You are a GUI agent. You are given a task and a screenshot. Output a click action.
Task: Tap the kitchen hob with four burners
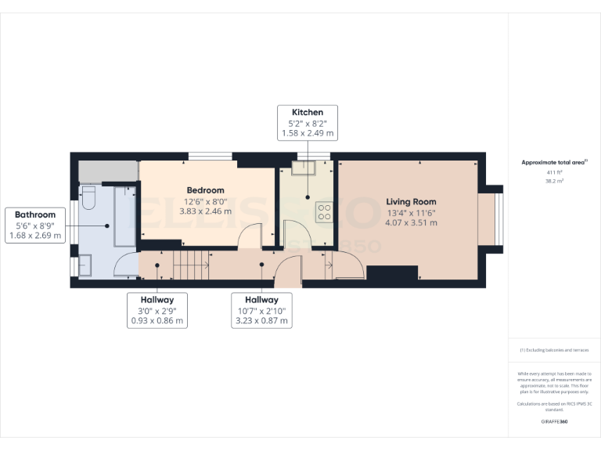pos(323,210)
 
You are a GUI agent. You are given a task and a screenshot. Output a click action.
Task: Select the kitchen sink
pos(302,168)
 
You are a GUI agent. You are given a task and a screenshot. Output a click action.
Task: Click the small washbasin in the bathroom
pos(84,266)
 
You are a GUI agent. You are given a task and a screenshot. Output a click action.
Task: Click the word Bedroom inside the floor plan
pos(205,190)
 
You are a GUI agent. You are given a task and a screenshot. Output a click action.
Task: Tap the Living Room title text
pos(411,202)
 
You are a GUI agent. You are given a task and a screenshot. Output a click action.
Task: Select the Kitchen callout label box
pos(308,123)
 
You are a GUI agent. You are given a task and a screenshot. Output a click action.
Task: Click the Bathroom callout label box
pos(35,225)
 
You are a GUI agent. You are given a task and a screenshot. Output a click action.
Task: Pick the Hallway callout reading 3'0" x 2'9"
pos(157,310)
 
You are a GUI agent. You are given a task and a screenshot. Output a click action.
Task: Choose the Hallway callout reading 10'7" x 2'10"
pos(261,310)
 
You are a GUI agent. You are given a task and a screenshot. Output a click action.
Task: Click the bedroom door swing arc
pos(251,236)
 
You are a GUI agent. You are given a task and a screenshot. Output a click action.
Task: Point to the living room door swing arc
pos(349,269)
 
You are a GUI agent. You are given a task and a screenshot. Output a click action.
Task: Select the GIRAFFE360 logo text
pos(554,422)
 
